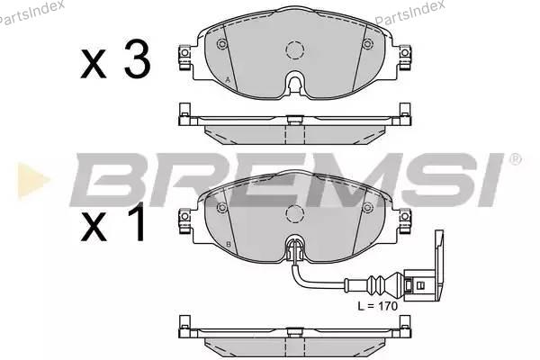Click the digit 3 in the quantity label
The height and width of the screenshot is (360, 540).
pos(138,59)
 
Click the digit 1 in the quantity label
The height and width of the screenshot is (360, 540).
pos(138,222)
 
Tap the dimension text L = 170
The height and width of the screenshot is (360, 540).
pos(377,306)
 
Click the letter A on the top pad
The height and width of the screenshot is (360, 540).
pos(228,79)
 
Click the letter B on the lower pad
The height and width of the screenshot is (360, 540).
pos(228,245)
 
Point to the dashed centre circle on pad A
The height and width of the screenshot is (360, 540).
pos(295,50)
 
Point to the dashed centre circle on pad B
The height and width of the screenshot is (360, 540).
pos(295,213)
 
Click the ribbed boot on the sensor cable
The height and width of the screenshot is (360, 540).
pos(378,283)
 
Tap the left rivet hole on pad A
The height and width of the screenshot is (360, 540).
pos(222,44)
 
